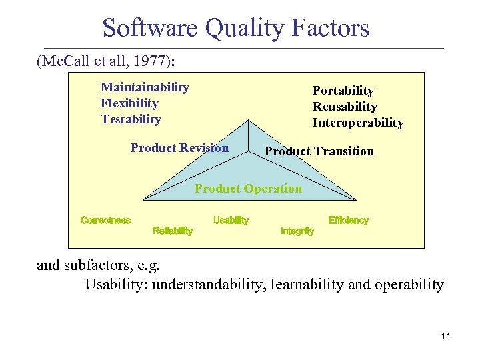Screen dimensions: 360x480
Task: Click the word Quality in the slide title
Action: (x=243, y=28)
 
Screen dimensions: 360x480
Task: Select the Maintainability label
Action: (x=145, y=87)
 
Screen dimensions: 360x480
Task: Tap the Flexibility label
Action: (x=129, y=103)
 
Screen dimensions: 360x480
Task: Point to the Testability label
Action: (x=131, y=119)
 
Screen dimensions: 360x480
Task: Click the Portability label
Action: (x=343, y=91)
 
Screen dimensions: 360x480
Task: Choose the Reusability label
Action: (x=345, y=107)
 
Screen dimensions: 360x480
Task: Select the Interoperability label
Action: (x=358, y=123)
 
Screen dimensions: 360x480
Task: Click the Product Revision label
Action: (x=179, y=148)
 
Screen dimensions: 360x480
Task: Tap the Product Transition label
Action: (x=319, y=151)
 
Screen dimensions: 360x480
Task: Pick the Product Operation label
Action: (x=248, y=189)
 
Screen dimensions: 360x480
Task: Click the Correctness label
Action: (x=105, y=221)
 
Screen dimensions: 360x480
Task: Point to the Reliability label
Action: (x=173, y=231)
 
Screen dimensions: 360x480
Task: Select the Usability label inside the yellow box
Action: (x=231, y=221)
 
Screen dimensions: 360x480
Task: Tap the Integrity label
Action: (x=297, y=231)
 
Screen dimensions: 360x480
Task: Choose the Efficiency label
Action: (x=348, y=221)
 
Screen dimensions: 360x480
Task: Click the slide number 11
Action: (x=445, y=336)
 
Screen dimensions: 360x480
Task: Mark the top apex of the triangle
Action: (x=249, y=120)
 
